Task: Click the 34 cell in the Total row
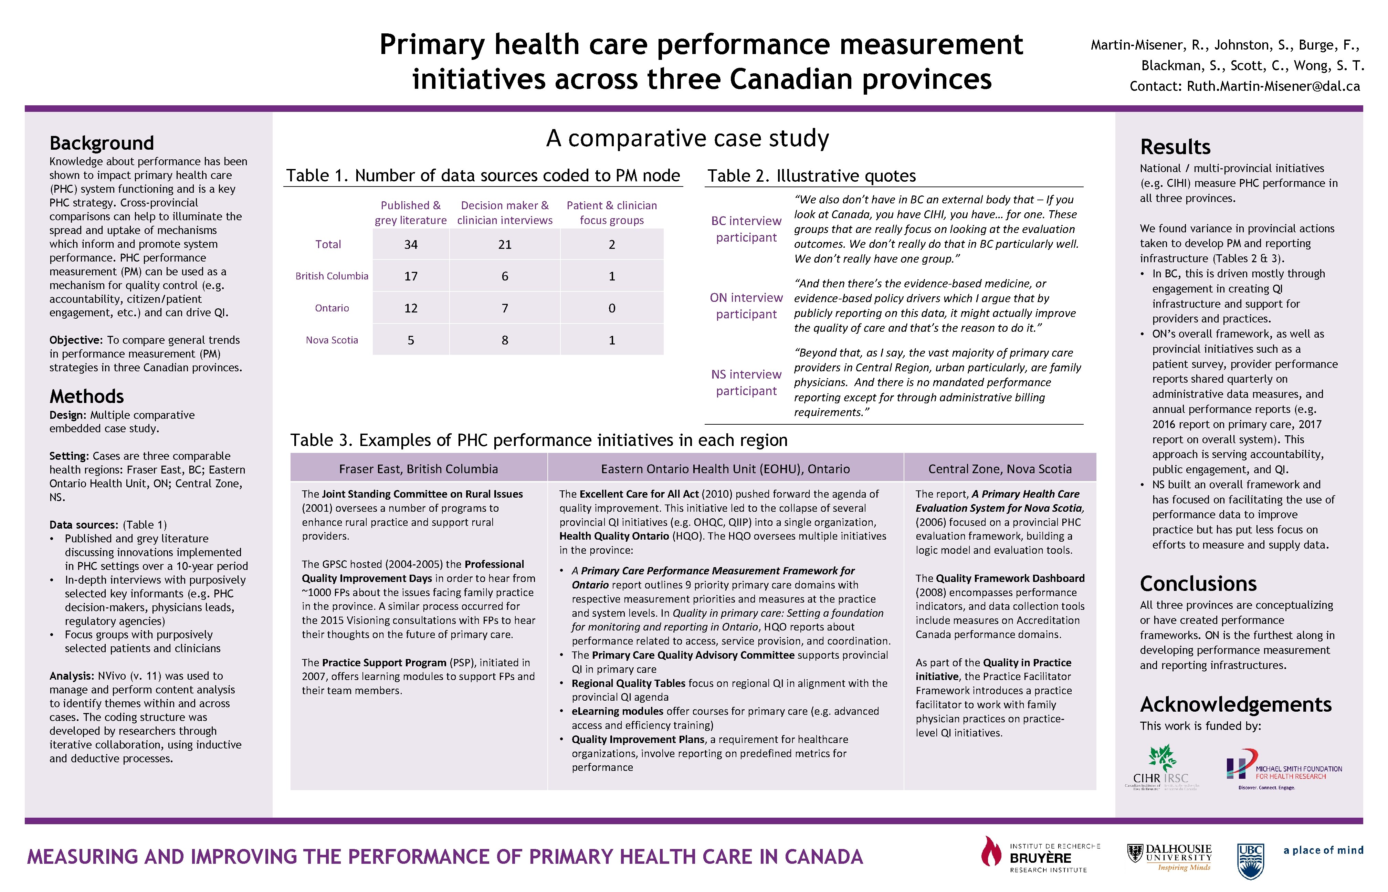(x=411, y=244)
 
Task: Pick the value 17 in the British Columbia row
(x=411, y=276)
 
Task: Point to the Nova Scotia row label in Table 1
(x=332, y=340)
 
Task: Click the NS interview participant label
(x=746, y=382)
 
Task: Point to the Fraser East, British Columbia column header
(x=418, y=469)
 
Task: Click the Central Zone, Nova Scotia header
(x=1000, y=469)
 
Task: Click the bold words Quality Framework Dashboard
(x=1010, y=578)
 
